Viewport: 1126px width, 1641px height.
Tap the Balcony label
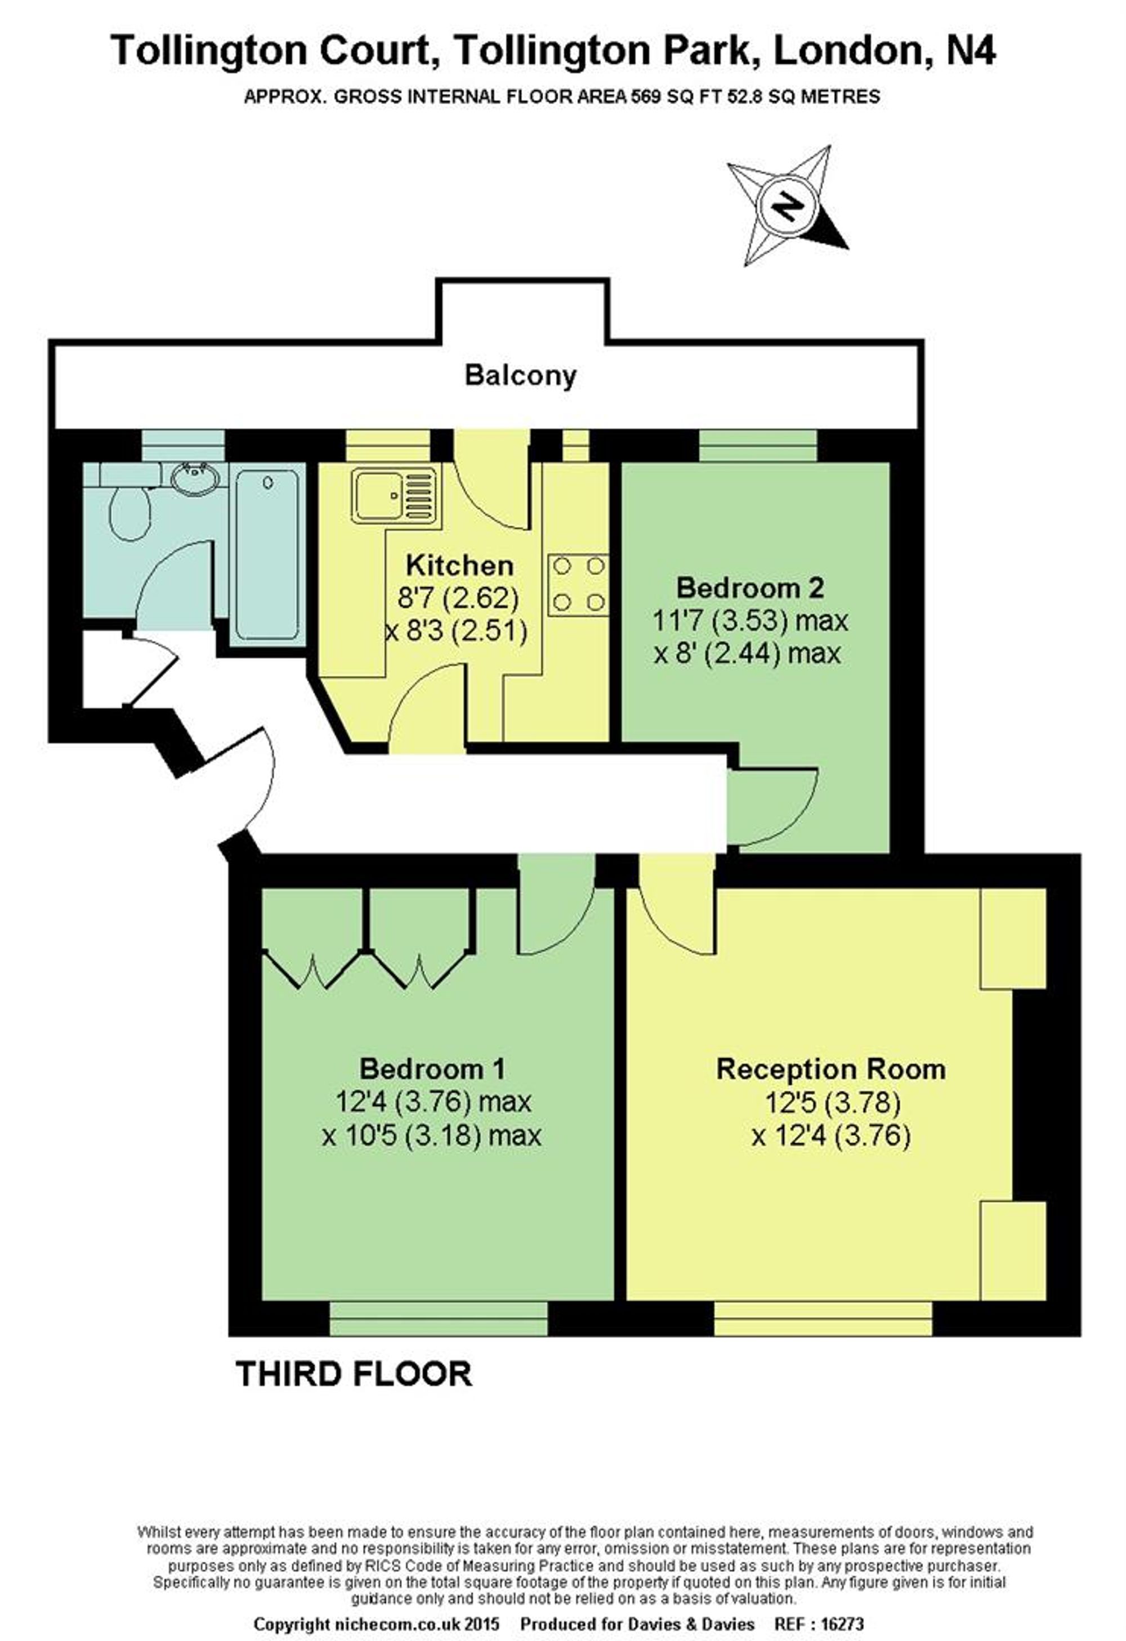[x=520, y=375]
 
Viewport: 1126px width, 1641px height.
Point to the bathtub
[x=267, y=555]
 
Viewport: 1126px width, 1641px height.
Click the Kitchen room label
[x=459, y=566]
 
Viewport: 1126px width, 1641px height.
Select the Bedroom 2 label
[x=750, y=588]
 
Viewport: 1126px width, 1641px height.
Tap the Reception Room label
[x=831, y=1069]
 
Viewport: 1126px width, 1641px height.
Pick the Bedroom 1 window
[x=439, y=1318]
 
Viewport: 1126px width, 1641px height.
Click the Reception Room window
[x=823, y=1318]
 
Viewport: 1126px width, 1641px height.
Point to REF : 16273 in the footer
[x=820, y=1624]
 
